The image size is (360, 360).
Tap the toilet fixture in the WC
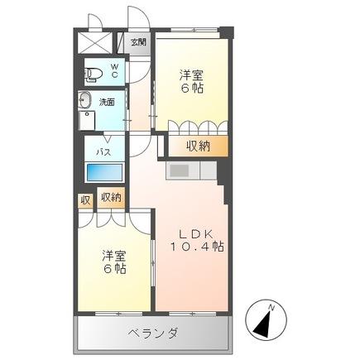coord(94,73)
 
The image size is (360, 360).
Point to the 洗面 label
coord(108,102)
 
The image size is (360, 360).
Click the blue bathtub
coord(105,173)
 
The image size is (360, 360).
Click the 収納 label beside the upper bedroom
coord(198,146)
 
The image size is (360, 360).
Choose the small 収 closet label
coord(86,199)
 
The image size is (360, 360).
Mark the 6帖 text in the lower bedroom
coord(114,270)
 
